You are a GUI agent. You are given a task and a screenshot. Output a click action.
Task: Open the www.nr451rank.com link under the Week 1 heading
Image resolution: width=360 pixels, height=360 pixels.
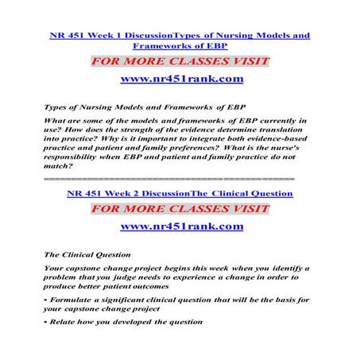click(x=180, y=79)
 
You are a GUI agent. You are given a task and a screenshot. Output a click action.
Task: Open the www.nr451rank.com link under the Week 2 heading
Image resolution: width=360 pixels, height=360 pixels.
click(x=180, y=226)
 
